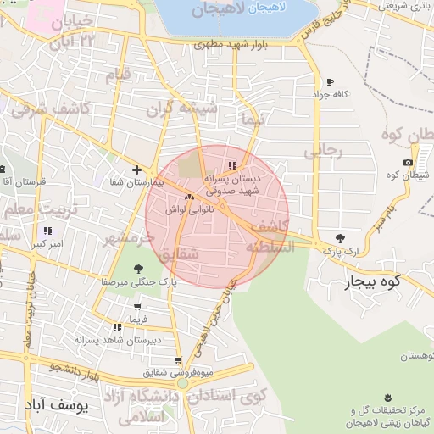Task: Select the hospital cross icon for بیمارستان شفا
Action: pyautogui.click(x=136, y=170)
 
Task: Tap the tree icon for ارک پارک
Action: pyautogui.click(x=341, y=238)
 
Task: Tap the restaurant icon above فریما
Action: pyautogui.click(x=138, y=307)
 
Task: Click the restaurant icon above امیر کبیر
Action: pyautogui.click(x=47, y=231)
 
